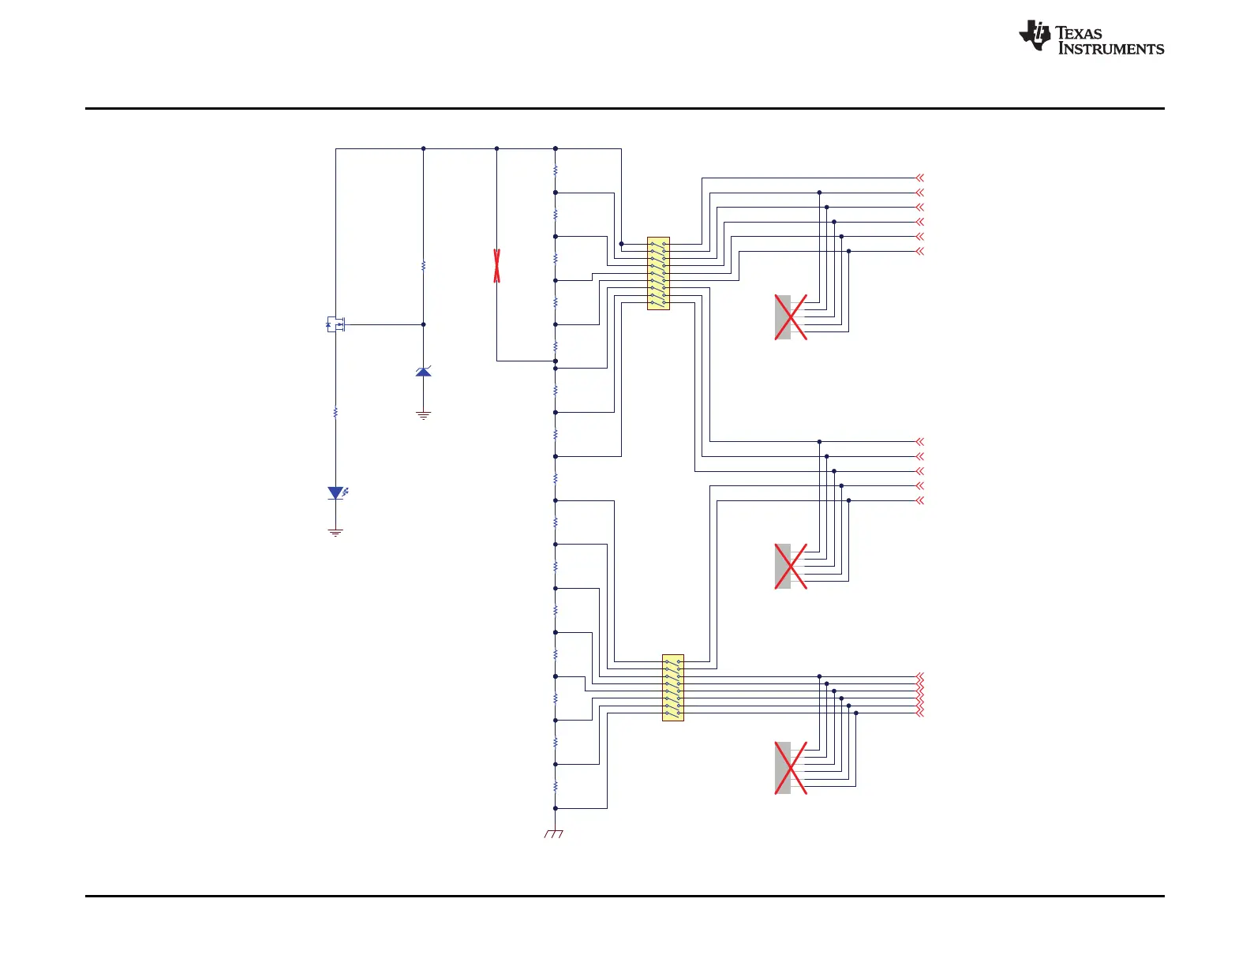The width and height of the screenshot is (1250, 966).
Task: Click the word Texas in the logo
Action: pyautogui.click(x=1079, y=33)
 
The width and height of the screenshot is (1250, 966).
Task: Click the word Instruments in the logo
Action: pyautogui.click(x=1110, y=49)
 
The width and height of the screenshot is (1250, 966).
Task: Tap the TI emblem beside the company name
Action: pyautogui.click(x=1035, y=36)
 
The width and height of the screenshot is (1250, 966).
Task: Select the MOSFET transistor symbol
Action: pyautogui.click(x=336, y=324)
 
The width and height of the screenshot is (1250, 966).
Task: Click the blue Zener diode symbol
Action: pyautogui.click(x=424, y=371)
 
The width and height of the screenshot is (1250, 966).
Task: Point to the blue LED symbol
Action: pyautogui.click(x=336, y=493)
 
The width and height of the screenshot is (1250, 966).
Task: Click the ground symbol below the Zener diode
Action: pyautogui.click(x=424, y=415)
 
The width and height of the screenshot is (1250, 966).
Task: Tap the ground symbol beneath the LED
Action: pyautogui.click(x=335, y=533)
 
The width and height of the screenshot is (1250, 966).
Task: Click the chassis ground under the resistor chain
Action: pyautogui.click(x=554, y=833)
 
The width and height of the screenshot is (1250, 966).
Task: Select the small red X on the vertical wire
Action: pyautogui.click(x=496, y=265)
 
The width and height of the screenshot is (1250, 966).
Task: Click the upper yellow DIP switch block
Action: pyautogui.click(x=658, y=273)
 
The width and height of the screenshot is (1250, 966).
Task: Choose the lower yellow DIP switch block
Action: pyautogui.click(x=673, y=687)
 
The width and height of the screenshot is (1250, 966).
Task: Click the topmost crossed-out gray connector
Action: pyautogui.click(x=790, y=317)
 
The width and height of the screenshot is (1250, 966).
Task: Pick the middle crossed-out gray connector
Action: pyautogui.click(x=790, y=566)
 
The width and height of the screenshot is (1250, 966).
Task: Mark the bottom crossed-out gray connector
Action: pyautogui.click(x=790, y=768)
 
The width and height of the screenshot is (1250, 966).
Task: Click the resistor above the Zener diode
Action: pyautogui.click(x=424, y=266)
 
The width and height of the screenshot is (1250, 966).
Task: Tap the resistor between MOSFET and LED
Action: pyautogui.click(x=335, y=412)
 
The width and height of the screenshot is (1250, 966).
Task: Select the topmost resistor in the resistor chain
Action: pyautogui.click(x=556, y=170)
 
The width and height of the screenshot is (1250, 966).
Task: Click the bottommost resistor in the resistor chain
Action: pyautogui.click(x=556, y=786)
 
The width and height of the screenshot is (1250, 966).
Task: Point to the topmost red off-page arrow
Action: pyautogui.click(x=919, y=178)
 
